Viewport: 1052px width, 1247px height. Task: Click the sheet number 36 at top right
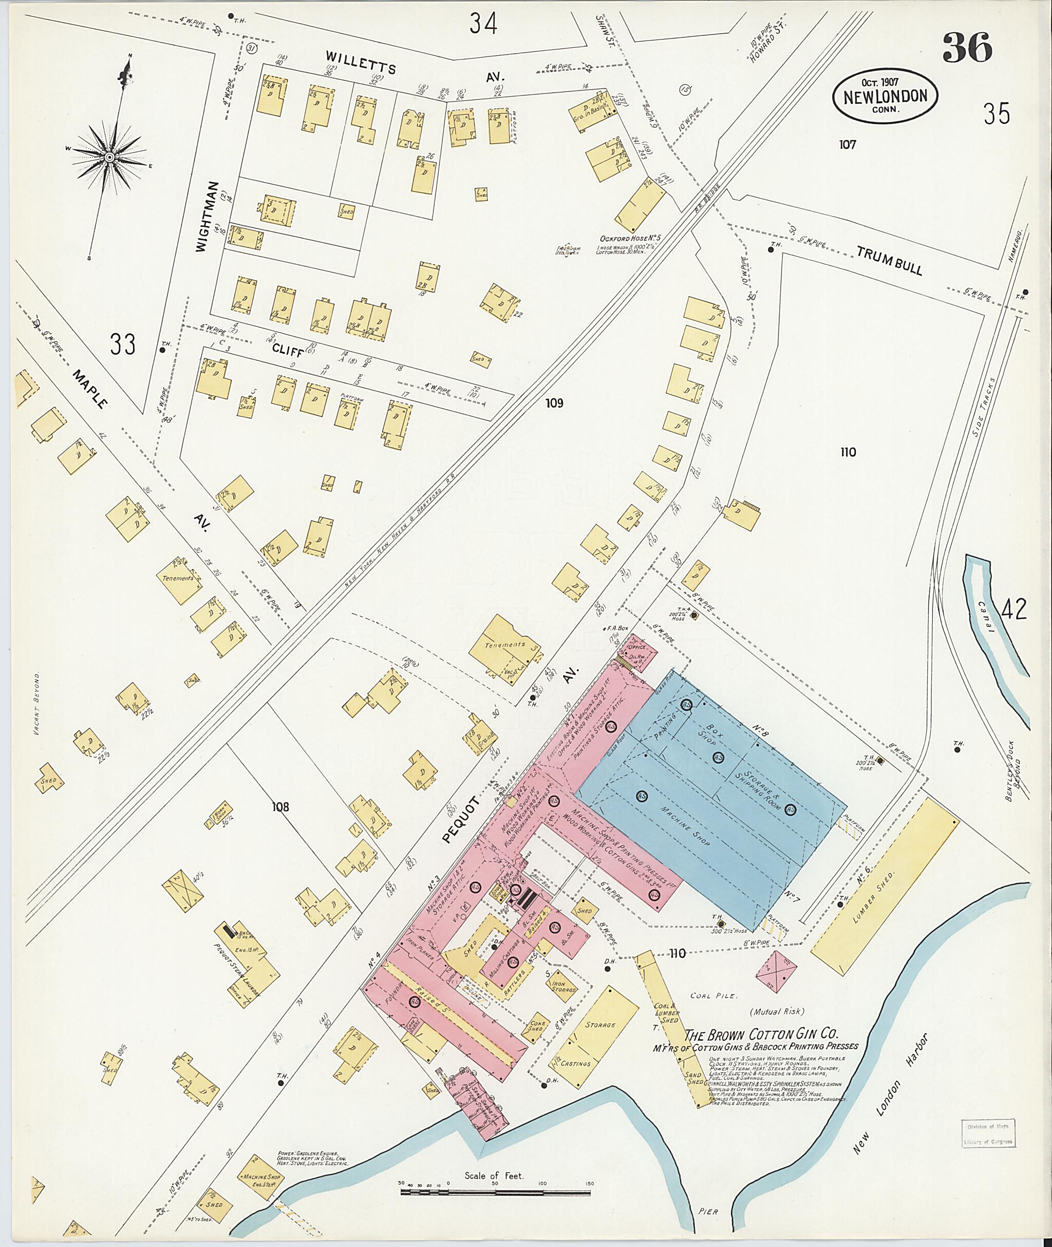coord(967,48)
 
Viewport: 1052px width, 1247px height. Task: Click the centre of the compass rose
coord(110,157)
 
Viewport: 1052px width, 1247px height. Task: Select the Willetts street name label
coord(361,62)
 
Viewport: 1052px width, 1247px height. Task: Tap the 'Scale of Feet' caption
coord(494,1176)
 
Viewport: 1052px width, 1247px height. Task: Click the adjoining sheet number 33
coord(122,344)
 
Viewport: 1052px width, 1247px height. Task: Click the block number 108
coord(280,807)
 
